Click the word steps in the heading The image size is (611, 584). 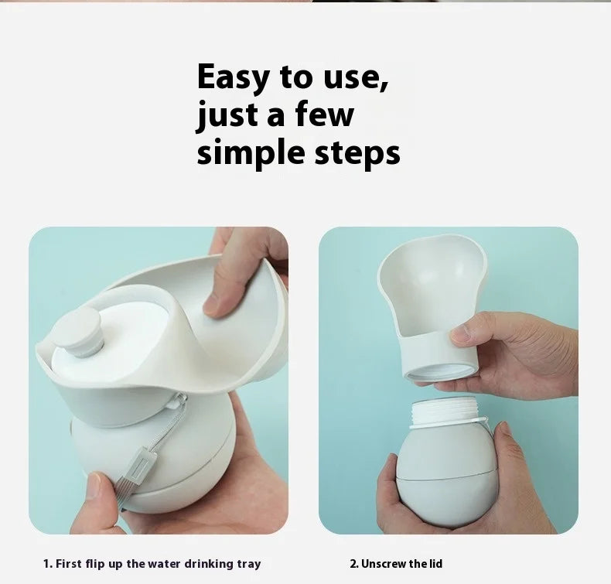pyautogui.click(x=357, y=154)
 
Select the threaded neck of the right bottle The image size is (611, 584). pyautogui.click(x=444, y=413)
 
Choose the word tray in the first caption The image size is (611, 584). pyautogui.click(x=248, y=565)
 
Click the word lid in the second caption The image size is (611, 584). pyautogui.click(x=436, y=564)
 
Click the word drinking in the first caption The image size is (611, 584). pyautogui.click(x=209, y=565)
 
